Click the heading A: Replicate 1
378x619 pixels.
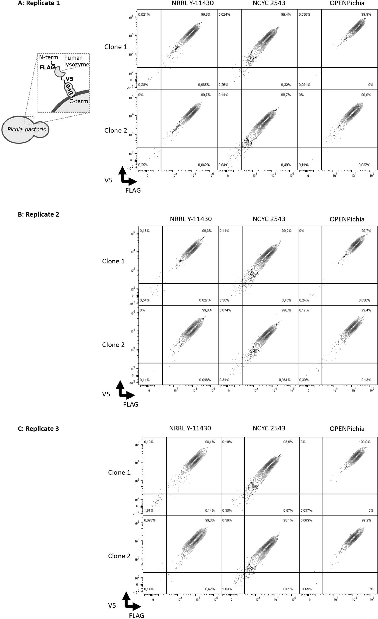pos(39,3)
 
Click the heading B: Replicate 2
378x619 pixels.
pos(38,214)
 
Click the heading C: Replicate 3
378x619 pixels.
pos(38,429)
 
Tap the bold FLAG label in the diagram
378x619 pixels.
pos(47,68)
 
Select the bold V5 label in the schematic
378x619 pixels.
pos(69,79)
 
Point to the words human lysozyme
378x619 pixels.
pos(76,61)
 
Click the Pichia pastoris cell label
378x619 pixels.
pos(27,129)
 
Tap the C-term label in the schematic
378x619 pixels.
pos(79,101)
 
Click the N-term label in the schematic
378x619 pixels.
pos(49,57)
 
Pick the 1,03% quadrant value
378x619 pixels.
pos(227,589)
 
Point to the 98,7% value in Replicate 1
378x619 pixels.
pos(286,95)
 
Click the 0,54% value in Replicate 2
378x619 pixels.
pos(145,300)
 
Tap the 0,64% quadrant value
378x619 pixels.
pos(223,165)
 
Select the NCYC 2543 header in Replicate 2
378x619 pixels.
pos(269,219)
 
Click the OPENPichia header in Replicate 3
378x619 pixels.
pos(347,429)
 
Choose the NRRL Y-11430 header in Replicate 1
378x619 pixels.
pos(193,3)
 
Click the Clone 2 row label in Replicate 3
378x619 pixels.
pos(119,556)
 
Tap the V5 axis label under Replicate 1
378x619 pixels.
pos(108,180)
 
